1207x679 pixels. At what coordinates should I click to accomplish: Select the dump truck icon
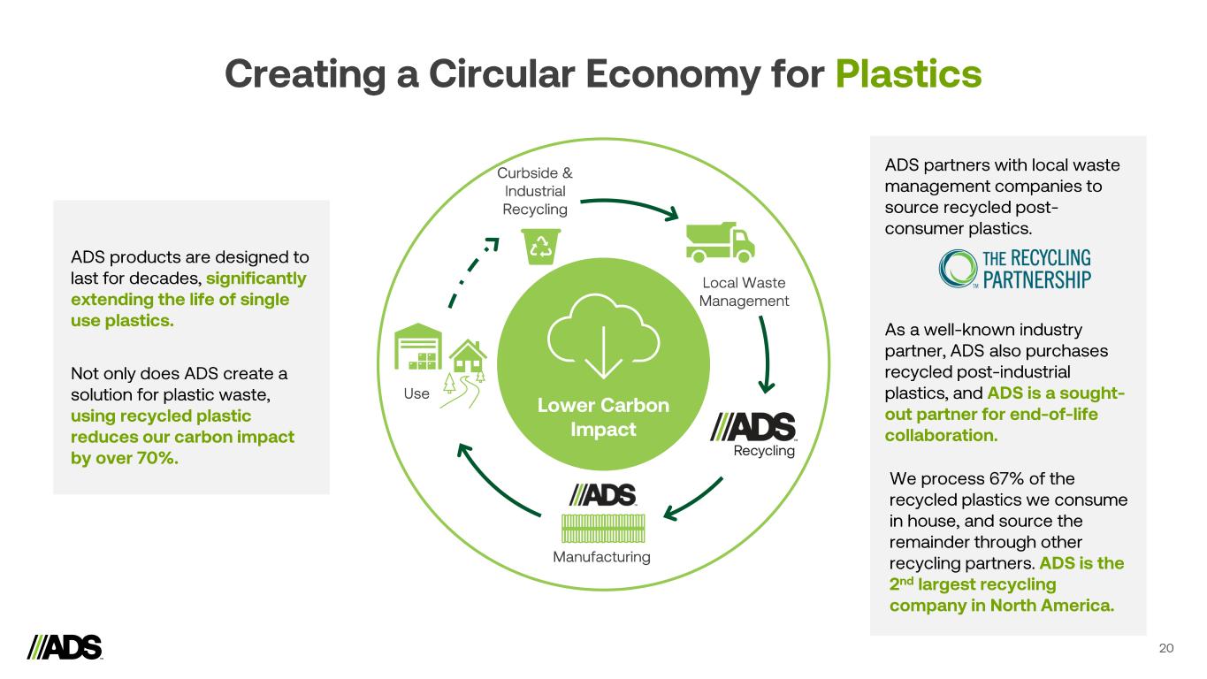(x=721, y=241)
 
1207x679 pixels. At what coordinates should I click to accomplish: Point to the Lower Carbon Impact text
(x=604, y=417)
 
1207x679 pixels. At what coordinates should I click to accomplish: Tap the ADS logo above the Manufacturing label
(x=604, y=495)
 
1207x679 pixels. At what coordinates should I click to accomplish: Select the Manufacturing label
(x=601, y=557)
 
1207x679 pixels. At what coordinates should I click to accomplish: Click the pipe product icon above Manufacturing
(x=604, y=528)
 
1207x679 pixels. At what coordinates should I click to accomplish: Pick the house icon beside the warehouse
(x=469, y=358)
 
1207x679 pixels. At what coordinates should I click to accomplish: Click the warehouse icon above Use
(x=417, y=349)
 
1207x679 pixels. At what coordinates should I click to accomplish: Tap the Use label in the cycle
(x=416, y=393)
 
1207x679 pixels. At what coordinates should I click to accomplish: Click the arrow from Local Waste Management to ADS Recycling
(x=764, y=354)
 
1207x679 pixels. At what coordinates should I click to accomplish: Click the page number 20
(x=1166, y=649)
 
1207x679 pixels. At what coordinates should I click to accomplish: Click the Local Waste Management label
(x=744, y=292)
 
